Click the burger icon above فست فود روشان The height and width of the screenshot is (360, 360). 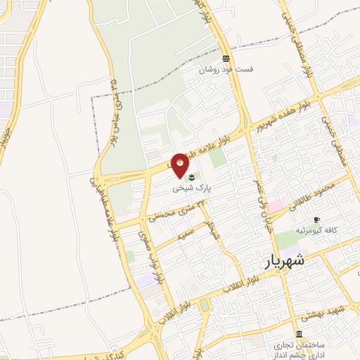[225, 58]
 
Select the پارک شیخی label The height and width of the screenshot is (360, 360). [194, 189]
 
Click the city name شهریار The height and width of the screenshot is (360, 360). [286, 261]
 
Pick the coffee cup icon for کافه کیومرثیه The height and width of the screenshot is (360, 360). [316, 219]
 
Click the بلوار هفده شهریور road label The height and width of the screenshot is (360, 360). [281, 113]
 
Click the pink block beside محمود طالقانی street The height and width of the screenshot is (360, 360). [276, 206]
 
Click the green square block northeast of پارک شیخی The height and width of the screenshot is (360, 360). [219, 157]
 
